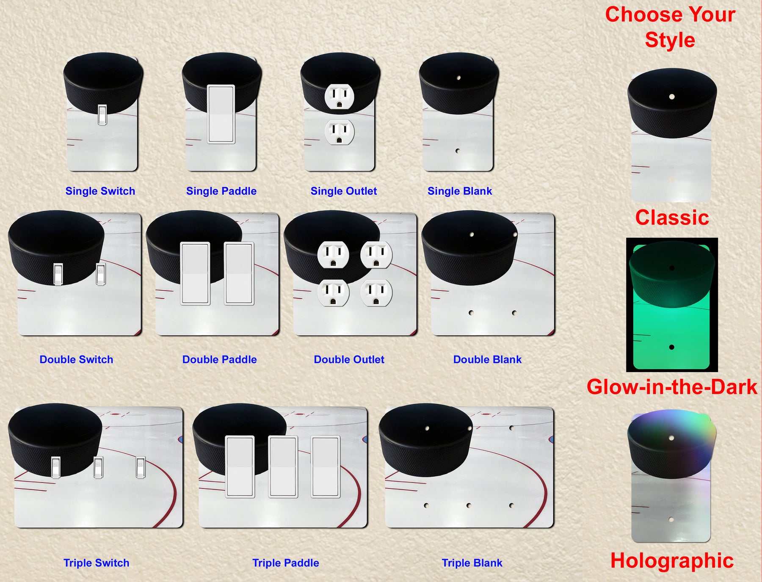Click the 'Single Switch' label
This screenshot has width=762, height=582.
pos(100,191)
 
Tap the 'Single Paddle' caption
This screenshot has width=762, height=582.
pos(221,191)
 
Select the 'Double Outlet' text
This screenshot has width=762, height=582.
pos(349,359)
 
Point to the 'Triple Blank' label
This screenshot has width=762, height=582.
pos(472,563)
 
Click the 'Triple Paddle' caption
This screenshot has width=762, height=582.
pos(286,563)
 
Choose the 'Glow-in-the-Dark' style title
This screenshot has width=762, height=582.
pos(672,387)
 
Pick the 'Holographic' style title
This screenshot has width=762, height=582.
pos(672,561)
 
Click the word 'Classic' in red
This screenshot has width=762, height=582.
pos(672,218)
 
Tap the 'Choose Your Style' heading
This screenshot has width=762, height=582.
pos(670,27)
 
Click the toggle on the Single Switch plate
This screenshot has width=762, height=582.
pos(102,115)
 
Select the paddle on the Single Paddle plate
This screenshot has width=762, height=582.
pos(221,114)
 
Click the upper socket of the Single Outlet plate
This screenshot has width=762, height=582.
pos(339,97)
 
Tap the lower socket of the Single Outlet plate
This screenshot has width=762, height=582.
pos(339,132)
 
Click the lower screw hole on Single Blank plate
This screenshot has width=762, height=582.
pos(458,151)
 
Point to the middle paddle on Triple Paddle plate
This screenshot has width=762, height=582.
pos(283,466)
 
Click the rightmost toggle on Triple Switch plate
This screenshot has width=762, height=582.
pos(141,468)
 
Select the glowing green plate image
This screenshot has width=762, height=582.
pos(671,305)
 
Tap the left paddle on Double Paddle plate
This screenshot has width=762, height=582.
pos(195,273)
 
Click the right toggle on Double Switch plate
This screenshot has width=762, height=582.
pos(101,274)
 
